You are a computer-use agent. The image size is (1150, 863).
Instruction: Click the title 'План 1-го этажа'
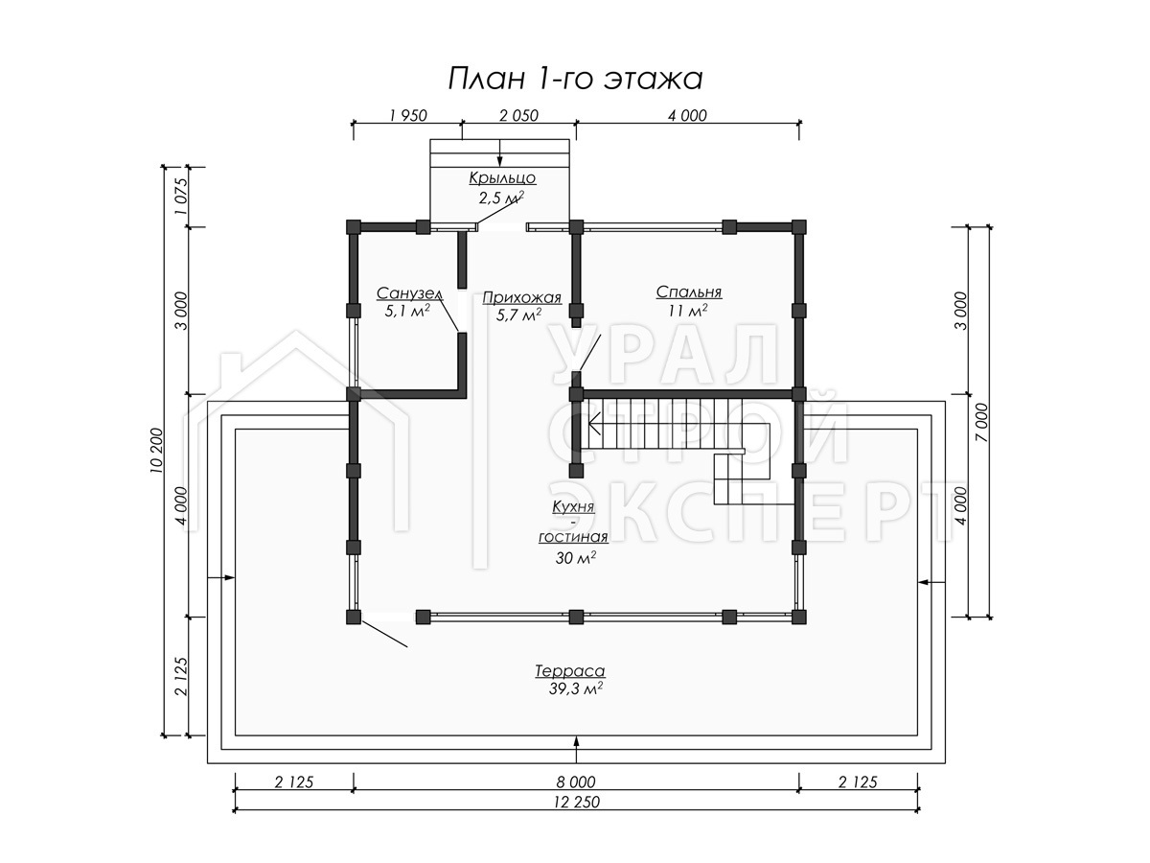(x=575, y=80)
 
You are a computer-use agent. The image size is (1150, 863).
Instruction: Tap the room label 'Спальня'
(x=688, y=292)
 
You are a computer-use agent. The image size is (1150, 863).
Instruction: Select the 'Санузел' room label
(x=410, y=292)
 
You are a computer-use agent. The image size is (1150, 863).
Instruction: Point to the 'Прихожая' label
(x=522, y=297)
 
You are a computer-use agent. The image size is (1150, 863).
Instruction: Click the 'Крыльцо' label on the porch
(x=502, y=178)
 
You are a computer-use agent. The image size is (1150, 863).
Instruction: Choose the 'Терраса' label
(x=570, y=670)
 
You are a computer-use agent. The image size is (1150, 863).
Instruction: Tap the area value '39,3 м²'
(x=575, y=689)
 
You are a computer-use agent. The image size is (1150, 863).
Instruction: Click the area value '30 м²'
(x=575, y=558)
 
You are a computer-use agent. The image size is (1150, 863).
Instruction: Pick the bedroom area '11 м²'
(x=687, y=311)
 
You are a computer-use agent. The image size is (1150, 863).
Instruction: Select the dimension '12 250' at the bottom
(x=576, y=802)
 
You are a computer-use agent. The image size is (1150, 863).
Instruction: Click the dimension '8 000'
(x=576, y=782)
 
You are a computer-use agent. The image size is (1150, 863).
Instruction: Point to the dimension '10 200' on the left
(x=156, y=451)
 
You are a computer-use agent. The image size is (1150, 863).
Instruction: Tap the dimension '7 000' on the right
(x=981, y=422)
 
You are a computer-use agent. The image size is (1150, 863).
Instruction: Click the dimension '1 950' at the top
(x=408, y=115)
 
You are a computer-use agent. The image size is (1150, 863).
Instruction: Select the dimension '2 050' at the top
(x=518, y=115)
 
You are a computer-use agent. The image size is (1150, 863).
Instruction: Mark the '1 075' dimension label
(x=181, y=197)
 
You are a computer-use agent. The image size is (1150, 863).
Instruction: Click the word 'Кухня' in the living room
(x=573, y=506)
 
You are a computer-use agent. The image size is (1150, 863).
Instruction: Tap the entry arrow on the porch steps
(x=500, y=153)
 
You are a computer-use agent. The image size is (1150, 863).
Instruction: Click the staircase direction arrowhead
(x=594, y=424)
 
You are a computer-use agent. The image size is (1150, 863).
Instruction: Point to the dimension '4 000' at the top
(x=687, y=115)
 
